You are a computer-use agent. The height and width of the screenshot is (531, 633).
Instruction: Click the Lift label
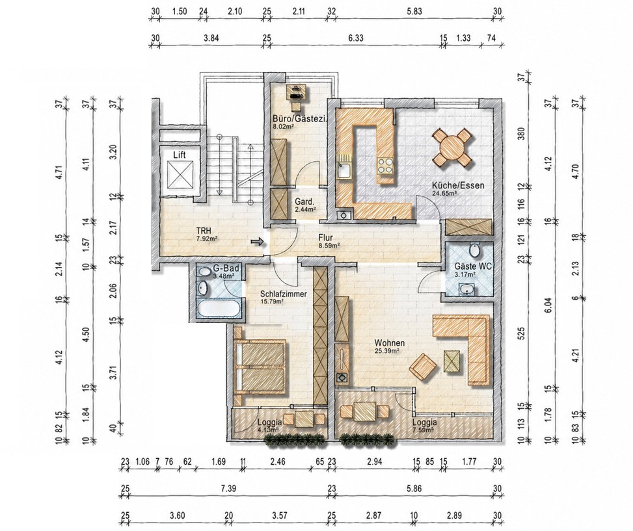click(x=180, y=155)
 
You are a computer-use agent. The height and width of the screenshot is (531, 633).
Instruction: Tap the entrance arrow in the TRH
click(x=257, y=242)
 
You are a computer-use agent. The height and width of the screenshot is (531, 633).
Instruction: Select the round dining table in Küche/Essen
click(x=453, y=148)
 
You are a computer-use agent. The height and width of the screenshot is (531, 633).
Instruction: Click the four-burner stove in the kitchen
click(x=386, y=165)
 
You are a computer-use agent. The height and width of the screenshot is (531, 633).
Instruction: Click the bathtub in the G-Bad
click(x=219, y=309)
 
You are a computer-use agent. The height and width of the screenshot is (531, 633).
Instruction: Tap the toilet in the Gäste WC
click(x=475, y=250)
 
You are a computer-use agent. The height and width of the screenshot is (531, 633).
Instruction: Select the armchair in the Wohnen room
click(x=424, y=367)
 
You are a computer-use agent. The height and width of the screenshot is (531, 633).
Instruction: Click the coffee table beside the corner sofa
click(x=452, y=361)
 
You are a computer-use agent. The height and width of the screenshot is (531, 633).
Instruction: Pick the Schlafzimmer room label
click(x=284, y=294)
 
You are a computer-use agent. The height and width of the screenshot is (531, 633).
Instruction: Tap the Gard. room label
click(x=303, y=201)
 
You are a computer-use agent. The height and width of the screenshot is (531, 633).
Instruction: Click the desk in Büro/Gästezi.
click(x=297, y=92)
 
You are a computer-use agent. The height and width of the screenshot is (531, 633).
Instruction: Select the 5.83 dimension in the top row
click(x=414, y=11)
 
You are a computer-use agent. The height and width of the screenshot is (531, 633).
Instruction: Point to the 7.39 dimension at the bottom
click(x=228, y=489)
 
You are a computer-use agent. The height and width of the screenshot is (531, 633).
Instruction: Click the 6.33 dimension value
click(x=356, y=38)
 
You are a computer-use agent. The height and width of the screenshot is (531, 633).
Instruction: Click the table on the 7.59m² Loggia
click(x=364, y=411)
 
